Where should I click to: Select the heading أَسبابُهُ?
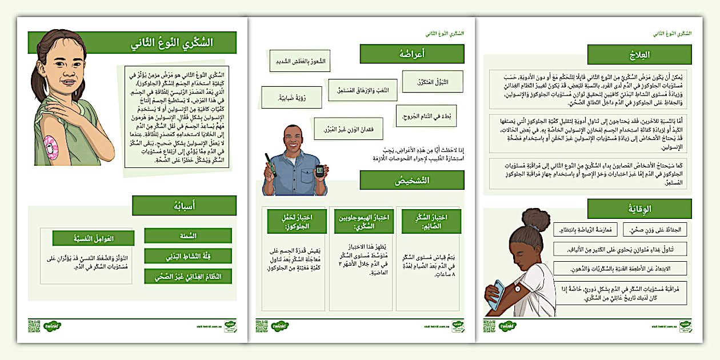[x=184, y=206]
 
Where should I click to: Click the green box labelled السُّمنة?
[x=188, y=235]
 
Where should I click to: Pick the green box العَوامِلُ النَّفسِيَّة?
[x=93, y=238]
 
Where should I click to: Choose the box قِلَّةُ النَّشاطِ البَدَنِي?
[x=188, y=255]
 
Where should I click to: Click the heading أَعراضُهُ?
[x=411, y=54]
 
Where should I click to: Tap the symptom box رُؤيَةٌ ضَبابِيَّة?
[x=291, y=98]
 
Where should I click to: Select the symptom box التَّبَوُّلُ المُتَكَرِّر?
[x=432, y=82]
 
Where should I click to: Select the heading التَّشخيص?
[x=411, y=180]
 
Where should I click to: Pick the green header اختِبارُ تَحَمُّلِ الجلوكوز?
[x=297, y=221]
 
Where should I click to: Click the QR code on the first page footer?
[x=33, y=326]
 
